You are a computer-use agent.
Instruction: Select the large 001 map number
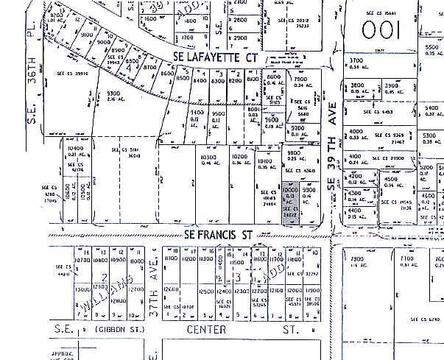click(380, 30)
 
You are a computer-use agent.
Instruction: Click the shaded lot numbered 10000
click(290, 189)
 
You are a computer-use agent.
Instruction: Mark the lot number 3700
click(357, 60)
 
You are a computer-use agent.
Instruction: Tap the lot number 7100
click(406, 260)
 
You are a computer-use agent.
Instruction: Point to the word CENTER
click(206, 330)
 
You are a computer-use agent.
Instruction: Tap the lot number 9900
click(309, 189)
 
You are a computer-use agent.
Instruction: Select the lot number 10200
click(239, 157)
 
